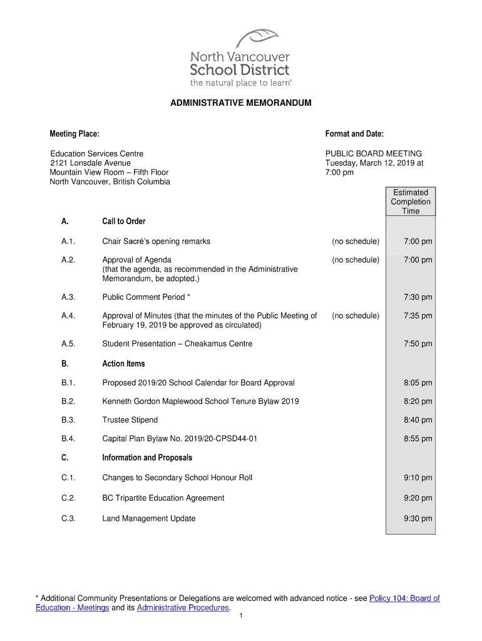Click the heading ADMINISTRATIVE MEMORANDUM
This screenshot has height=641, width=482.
241,103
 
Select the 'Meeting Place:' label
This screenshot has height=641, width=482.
74,134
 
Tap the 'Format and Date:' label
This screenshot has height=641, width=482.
354,134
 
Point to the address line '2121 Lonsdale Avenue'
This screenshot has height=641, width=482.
91,163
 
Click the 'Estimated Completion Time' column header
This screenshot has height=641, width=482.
411,202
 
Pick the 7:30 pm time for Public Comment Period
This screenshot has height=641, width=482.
418,297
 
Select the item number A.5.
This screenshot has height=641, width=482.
68,344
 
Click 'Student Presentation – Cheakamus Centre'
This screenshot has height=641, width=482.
177,344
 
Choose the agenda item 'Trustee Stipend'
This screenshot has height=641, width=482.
130,420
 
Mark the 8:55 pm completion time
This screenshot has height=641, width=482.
418,439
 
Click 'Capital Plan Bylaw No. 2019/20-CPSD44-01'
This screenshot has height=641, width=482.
180,439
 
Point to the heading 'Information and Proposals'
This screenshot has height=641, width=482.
147,458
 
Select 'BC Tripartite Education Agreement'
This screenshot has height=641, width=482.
163,498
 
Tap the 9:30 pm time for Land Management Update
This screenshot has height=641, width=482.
418,518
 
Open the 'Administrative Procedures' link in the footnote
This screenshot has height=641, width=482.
183,608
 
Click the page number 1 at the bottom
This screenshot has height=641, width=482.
241,617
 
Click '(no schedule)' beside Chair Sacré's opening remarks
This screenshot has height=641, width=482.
356,242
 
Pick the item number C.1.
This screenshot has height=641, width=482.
68,478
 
